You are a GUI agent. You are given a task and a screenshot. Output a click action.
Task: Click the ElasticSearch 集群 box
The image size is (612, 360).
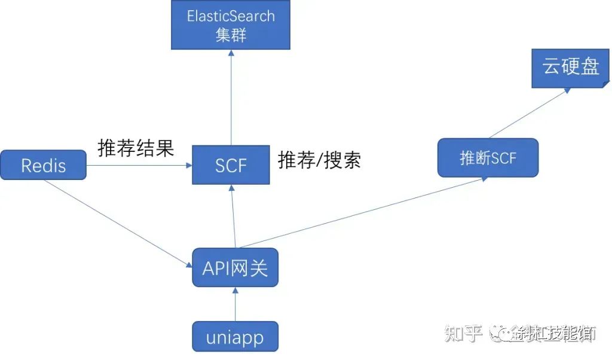point(231,25)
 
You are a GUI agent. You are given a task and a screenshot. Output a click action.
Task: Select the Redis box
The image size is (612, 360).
point(43,165)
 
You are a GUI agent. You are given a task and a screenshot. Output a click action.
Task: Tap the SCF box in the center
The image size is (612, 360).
point(231,164)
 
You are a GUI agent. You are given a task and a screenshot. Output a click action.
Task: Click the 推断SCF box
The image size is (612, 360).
point(488,158)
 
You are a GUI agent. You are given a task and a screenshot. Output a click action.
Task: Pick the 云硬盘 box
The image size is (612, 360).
point(571,67)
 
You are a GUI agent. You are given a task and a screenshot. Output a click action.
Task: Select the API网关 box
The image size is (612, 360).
point(235,267)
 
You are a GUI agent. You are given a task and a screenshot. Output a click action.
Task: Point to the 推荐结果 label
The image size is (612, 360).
point(136,148)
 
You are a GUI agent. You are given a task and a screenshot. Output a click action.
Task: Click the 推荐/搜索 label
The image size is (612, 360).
point(319,160)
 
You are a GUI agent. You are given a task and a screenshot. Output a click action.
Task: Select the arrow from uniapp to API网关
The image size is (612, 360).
point(235,304)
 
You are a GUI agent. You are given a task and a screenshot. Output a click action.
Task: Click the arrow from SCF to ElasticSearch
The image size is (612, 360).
point(231,96)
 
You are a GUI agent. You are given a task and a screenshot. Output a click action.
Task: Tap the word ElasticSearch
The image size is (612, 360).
point(231,16)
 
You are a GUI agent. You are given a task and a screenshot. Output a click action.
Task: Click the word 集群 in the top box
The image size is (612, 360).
point(231,35)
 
